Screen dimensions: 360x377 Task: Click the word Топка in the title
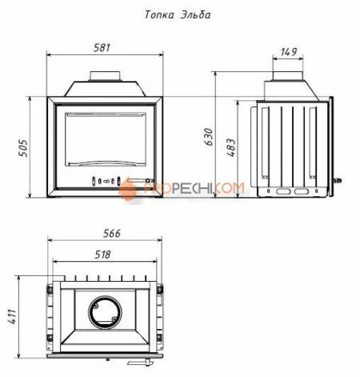pos(159,14)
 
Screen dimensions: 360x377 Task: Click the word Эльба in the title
pos(195,14)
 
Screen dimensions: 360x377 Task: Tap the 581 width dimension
pos(102,48)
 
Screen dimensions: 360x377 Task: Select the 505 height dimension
pos(22,148)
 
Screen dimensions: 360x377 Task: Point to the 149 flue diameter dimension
pos(289,52)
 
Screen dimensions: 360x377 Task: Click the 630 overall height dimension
pos(209,137)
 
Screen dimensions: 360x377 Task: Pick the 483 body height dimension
pos(231,147)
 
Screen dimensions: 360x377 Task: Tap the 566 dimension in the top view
pos(112,233)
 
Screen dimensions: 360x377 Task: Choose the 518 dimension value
pos(102,255)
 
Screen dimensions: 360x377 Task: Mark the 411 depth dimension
pos(12,317)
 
